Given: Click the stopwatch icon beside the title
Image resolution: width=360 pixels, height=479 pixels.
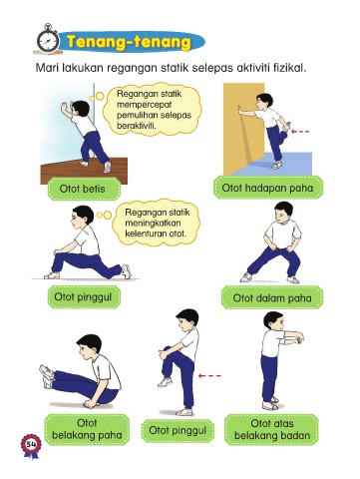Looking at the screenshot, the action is [x=48, y=39].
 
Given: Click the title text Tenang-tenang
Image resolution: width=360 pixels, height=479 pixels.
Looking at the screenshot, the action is [x=129, y=42].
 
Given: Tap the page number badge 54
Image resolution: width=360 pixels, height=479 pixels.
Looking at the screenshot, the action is [x=31, y=445].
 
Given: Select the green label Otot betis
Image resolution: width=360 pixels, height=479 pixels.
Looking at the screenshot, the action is [x=84, y=189].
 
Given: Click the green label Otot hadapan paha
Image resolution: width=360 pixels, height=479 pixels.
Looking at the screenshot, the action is [x=268, y=188].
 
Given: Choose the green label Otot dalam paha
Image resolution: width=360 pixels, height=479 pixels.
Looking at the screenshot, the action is [x=272, y=297].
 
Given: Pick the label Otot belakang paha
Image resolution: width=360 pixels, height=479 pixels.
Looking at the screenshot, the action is [x=87, y=429].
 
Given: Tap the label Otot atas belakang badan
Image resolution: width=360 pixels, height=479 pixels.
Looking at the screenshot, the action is [x=271, y=429].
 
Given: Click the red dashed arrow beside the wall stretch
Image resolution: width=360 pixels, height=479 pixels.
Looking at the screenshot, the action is [x=300, y=132].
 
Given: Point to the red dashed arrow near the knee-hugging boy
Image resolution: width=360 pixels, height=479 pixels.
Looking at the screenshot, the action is [x=209, y=376].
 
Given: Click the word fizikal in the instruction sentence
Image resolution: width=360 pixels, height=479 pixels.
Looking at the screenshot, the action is [x=289, y=68].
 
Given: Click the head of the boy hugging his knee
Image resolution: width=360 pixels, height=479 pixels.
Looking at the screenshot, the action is [x=186, y=322].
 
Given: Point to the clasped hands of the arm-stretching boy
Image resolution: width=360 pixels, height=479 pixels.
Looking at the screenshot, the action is [x=297, y=338].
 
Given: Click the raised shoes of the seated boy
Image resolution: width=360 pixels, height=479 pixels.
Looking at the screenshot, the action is [x=47, y=376].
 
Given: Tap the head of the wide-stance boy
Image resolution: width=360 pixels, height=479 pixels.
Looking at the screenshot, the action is [x=283, y=213].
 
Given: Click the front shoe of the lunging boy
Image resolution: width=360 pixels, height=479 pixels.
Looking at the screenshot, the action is [x=52, y=275].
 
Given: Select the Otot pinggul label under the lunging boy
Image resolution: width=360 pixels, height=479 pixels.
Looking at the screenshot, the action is [x=84, y=297].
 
